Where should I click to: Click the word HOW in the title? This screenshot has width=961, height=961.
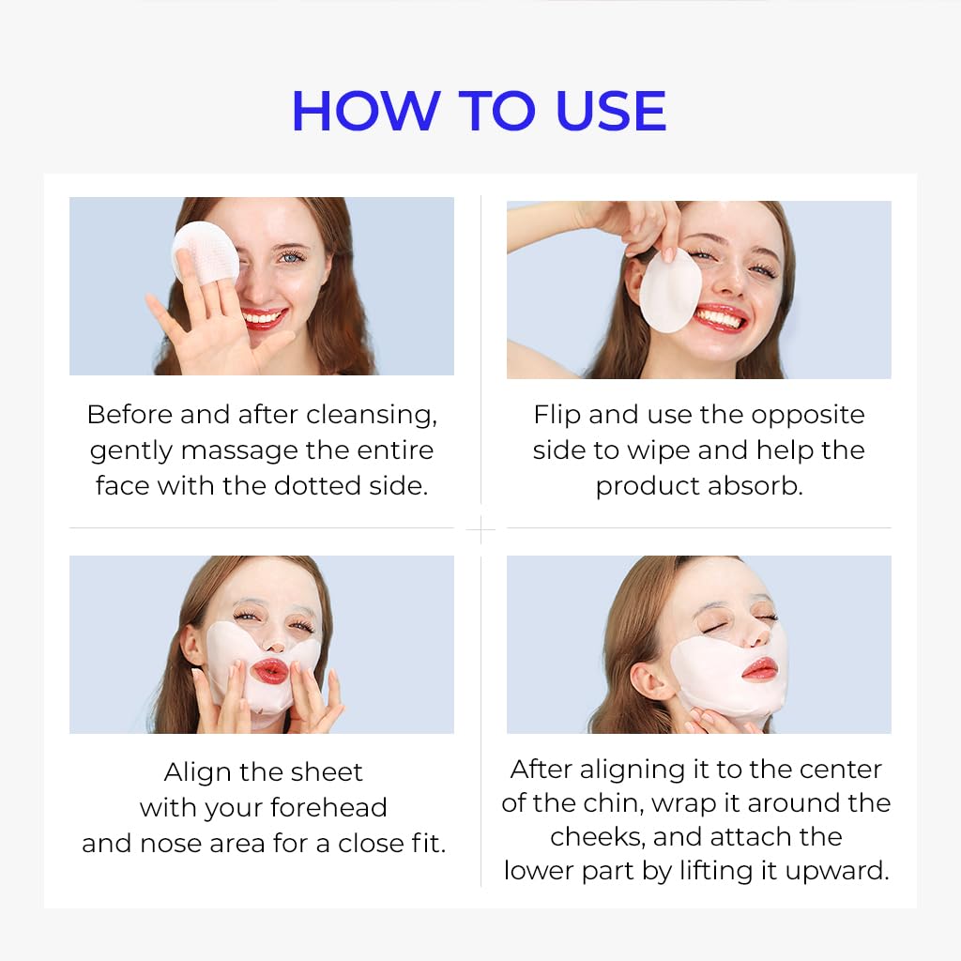[366, 111]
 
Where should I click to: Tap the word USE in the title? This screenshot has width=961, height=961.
[610, 111]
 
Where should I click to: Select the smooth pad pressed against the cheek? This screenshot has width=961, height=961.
[670, 291]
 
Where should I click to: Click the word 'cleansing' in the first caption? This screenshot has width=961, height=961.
[372, 415]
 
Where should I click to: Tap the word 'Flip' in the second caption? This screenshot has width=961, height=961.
[557, 415]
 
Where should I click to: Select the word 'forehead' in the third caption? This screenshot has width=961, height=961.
[328, 807]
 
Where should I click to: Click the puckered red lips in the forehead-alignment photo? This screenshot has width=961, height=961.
[269, 671]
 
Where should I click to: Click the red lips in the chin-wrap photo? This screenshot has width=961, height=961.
[759, 668]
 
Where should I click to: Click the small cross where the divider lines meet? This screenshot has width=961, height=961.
[480, 528]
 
